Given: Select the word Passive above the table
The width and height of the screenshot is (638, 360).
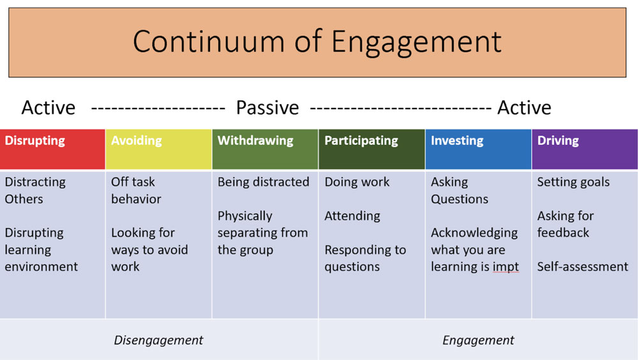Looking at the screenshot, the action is tap(267, 108).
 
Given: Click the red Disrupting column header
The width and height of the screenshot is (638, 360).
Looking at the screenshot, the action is tap(52, 149).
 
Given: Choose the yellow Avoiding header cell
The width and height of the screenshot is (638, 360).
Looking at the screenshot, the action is tap(159, 149).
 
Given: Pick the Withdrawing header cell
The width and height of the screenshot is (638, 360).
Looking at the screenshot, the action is tap(265, 149).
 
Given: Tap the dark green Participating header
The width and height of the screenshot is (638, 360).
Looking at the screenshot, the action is tap(371, 149).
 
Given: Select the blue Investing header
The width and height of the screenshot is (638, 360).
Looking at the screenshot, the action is tap(478, 149).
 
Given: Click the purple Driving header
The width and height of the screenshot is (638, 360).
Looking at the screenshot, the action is tap(584, 149).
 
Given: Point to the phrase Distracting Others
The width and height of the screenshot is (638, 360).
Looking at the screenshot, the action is tap(35, 190).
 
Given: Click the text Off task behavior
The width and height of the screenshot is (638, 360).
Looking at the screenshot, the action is tap(136, 190).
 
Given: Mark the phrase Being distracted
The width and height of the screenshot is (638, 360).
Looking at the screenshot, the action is tap(263, 182).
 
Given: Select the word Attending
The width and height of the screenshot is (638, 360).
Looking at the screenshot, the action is tap(352, 216).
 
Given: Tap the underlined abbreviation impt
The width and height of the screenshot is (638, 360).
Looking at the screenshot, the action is tap(506, 267).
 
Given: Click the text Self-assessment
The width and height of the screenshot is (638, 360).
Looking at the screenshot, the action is tap(582, 267).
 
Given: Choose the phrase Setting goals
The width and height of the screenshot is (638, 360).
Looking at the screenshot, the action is tap(574, 182).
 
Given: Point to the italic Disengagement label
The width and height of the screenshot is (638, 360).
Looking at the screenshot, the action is tap(158, 340).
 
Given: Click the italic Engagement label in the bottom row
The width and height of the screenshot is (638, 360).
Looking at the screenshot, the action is tap(478, 340).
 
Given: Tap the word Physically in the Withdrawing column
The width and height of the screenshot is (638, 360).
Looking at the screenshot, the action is tap(245, 216).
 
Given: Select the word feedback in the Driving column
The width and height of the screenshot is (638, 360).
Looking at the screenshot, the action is tap(563, 232).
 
